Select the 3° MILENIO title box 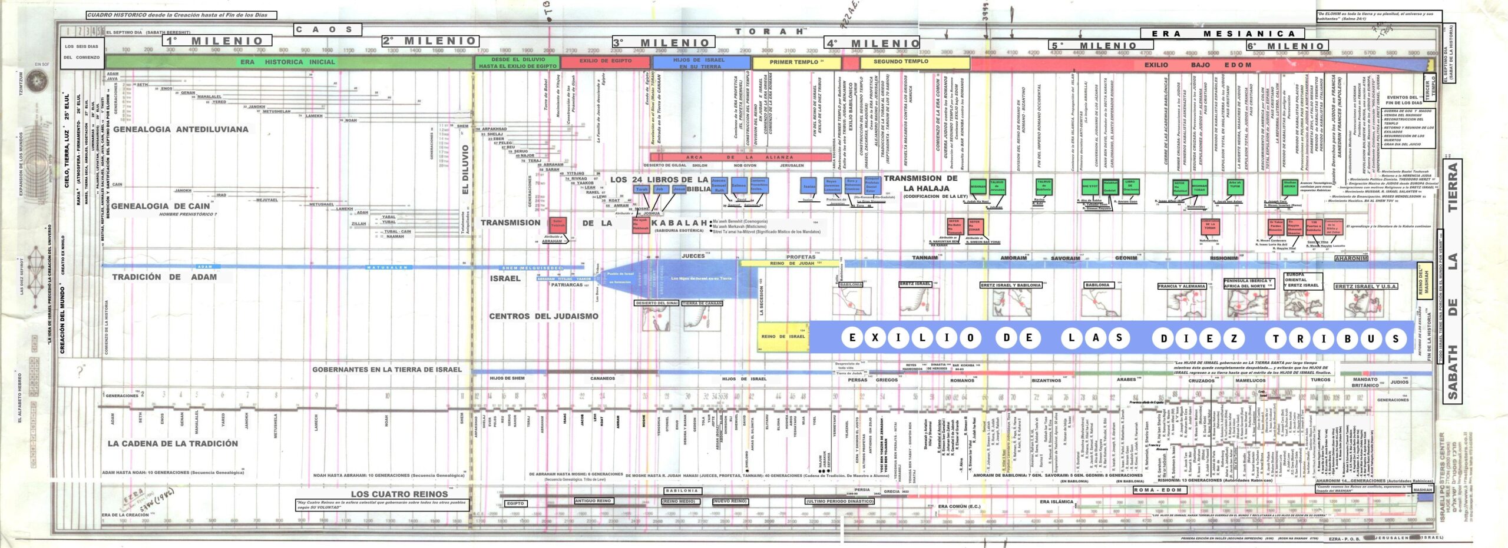663,42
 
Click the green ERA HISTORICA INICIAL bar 287,62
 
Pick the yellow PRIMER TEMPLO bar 796,62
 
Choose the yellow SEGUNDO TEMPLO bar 901,61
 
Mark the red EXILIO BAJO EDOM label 1197,65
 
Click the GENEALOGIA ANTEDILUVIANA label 180,129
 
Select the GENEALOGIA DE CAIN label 160,206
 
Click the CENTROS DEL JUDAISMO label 543,316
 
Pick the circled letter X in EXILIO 875,337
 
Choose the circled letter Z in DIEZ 1233,338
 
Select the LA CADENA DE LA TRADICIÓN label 173,443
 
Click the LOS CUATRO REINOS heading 399,494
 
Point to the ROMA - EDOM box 1158,490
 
